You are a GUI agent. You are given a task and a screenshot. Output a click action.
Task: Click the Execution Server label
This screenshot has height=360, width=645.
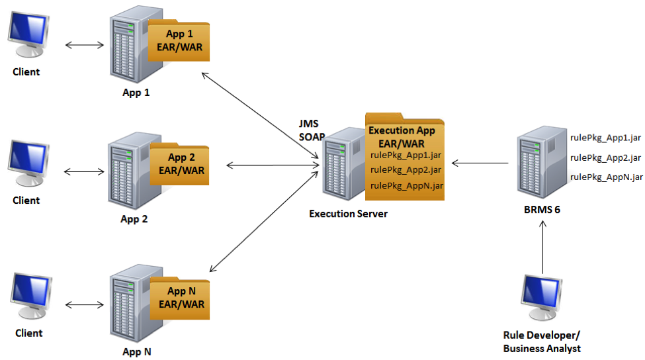coord(348,214)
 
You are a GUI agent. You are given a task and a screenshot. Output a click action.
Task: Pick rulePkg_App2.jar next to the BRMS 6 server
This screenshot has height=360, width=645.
coord(605,157)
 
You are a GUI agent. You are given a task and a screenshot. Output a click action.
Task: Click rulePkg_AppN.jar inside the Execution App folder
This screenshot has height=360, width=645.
coord(406,185)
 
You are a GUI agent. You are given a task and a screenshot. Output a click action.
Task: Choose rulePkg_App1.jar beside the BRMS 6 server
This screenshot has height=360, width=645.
coord(605,138)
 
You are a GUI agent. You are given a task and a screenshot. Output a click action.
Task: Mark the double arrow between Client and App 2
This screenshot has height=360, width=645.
coord(85,171)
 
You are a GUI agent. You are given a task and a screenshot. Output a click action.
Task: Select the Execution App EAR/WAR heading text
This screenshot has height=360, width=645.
coord(402,137)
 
